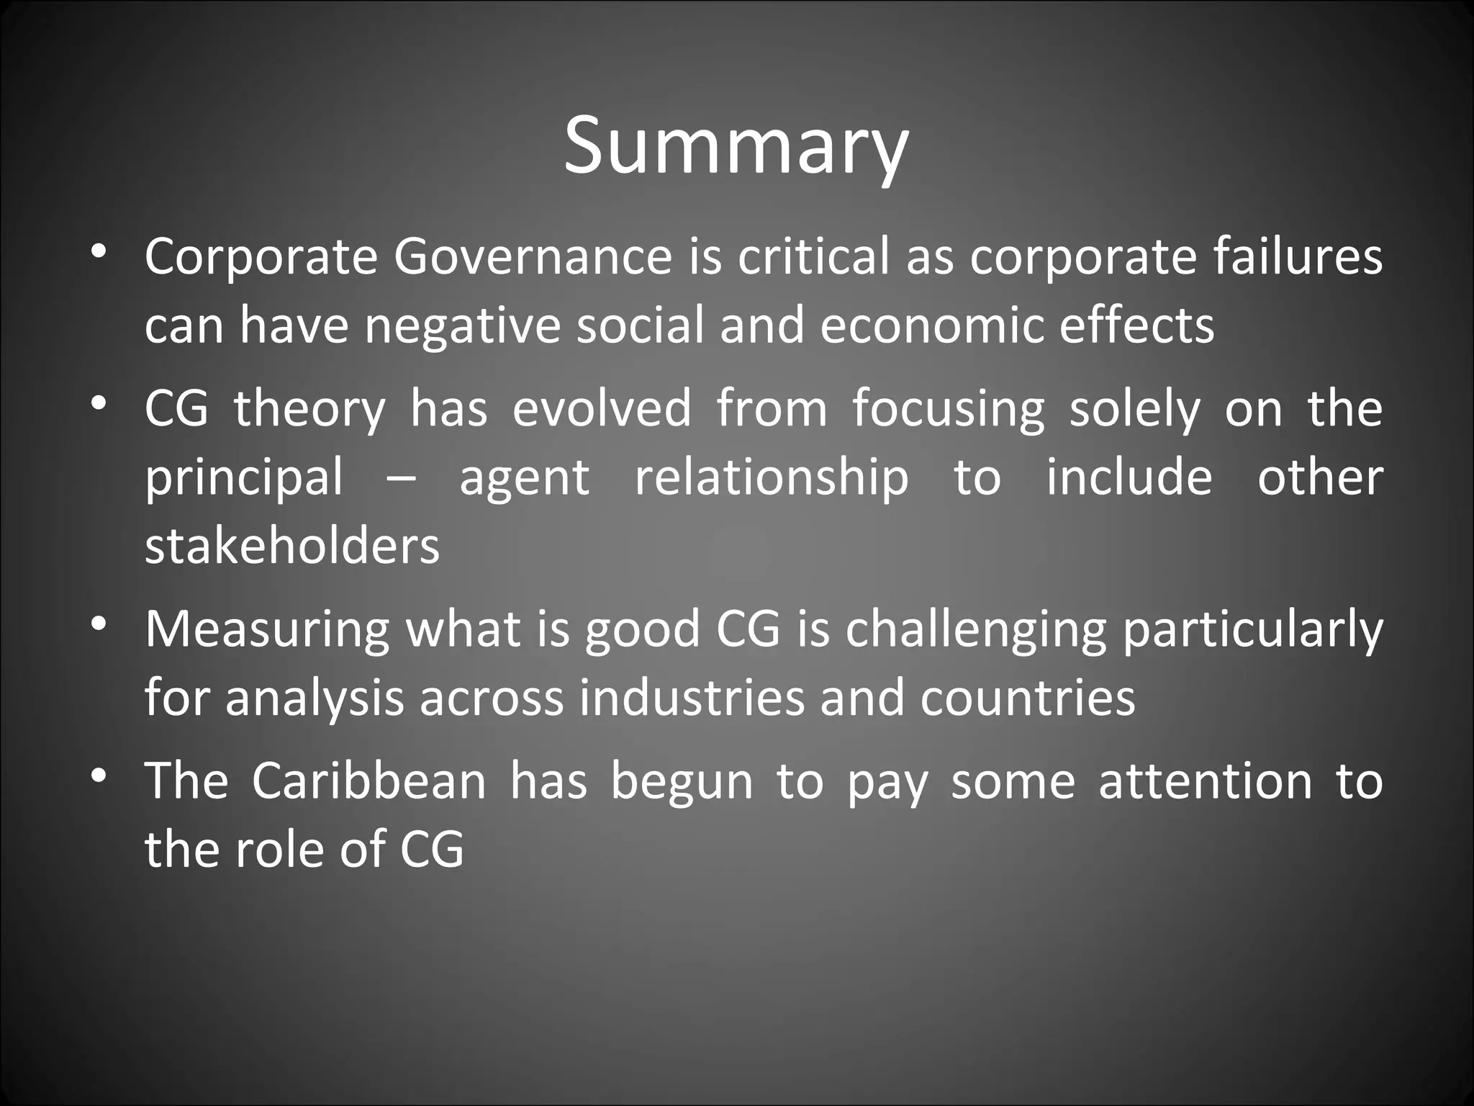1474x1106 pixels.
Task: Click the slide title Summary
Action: click(736, 147)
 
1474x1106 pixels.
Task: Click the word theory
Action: click(309, 409)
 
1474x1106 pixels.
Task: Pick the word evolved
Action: click(602, 408)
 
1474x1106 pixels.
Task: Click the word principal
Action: click(244, 478)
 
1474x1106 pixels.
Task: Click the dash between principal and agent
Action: click(401, 478)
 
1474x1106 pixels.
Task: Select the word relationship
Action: click(772, 478)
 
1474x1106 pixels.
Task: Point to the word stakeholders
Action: click(292, 546)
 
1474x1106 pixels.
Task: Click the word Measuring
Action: click(267, 629)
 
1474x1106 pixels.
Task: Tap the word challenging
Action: click(975, 629)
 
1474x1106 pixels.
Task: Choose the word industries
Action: click(692, 698)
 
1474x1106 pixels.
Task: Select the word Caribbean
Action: click(369, 781)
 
